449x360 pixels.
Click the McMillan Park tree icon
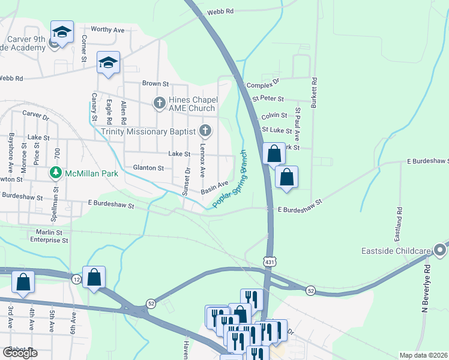[x=56, y=173]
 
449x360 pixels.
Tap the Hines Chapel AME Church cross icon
[x=160, y=103]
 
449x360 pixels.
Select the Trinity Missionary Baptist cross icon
[x=205, y=131]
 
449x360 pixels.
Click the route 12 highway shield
[x=76, y=280]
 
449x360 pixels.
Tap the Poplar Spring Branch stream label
[x=230, y=179]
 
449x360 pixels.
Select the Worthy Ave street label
[x=107, y=29]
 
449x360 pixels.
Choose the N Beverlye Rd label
[x=427, y=289]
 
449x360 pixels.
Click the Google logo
[x=19, y=353]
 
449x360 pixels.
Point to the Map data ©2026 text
[x=423, y=355]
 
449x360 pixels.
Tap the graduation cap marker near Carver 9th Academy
[x=62, y=32]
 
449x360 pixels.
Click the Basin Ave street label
[x=214, y=187]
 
